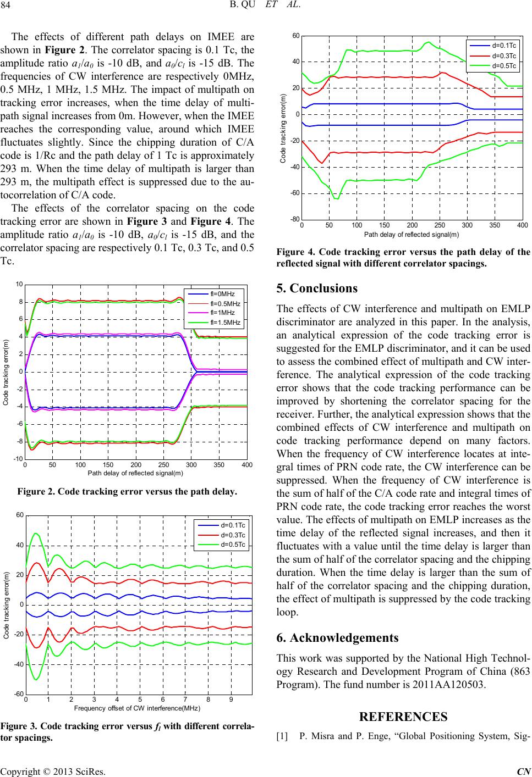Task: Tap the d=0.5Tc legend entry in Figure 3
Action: pyautogui.click(x=235, y=545)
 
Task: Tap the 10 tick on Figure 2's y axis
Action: pyautogui.click(x=18, y=284)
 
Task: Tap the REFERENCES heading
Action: pyautogui.click(x=403, y=716)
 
